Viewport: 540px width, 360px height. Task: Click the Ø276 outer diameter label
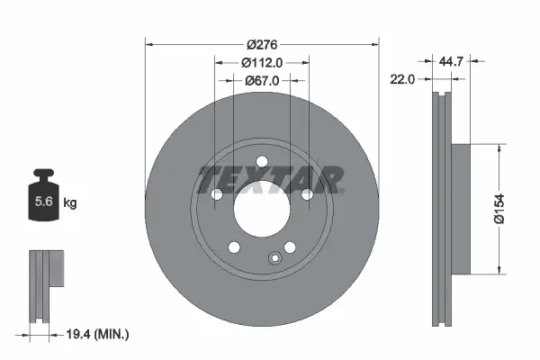[x=262, y=44]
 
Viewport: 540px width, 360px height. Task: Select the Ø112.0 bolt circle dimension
[x=262, y=62]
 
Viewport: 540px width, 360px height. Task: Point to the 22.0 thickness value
[x=402, y=79]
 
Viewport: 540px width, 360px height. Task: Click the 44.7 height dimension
[x=453, y=62]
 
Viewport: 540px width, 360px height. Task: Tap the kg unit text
[x=70, y=203]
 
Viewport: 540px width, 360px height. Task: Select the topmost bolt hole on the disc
[x=262, y=161]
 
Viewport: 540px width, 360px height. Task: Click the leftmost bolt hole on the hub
[x=216, y=194]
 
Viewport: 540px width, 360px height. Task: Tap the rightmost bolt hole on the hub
[x=307, y=194]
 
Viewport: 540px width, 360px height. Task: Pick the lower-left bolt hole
[x=234, y=247]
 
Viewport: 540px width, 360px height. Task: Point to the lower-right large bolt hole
[x=290, y=247]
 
